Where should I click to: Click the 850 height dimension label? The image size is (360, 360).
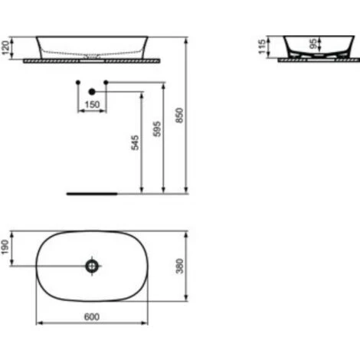[x=180, y=115]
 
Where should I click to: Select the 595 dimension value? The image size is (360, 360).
[x=157, y=129]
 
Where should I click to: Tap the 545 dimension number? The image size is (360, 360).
[x=135, y=142]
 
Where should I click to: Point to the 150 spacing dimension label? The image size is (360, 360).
[x=92, y=104]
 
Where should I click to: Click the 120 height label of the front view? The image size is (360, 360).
[x=5, y=47]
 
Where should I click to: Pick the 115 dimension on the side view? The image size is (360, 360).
[x=262, y=47]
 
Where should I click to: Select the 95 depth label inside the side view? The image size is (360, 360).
[x=313, y=44]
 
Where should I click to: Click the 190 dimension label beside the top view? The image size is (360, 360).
[x=5, y=247]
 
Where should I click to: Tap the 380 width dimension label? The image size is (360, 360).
[x=180, y=266]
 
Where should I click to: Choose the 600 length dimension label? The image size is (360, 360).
[x=92, y=317]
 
